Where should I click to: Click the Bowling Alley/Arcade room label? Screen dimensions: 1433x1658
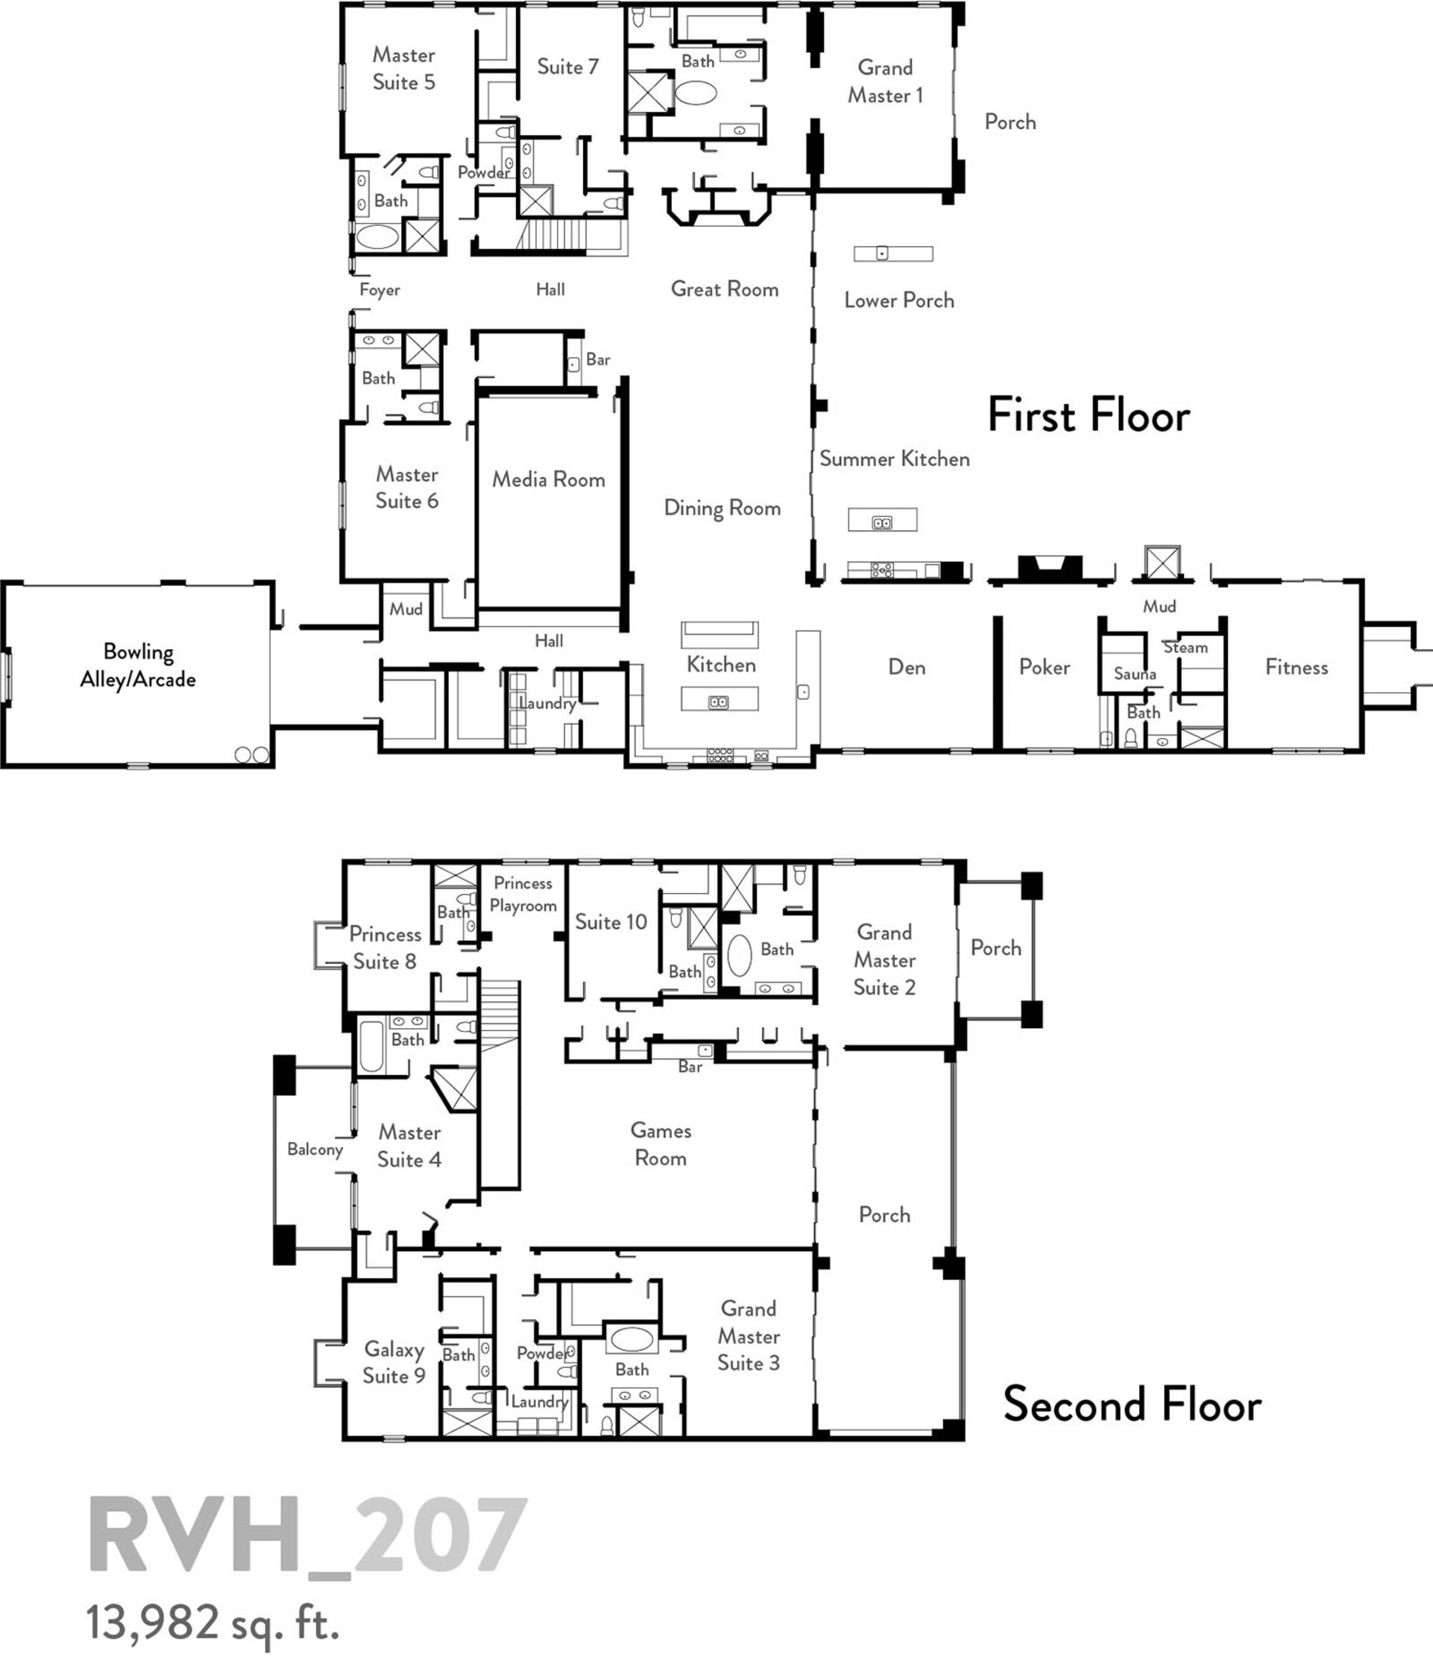138,665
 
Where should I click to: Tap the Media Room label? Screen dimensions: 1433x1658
548,479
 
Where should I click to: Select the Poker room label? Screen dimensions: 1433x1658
1044,666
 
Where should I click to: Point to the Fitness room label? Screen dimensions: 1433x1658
1296,666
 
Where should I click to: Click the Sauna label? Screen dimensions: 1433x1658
1135,674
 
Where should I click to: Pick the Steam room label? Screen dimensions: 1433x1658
1185,646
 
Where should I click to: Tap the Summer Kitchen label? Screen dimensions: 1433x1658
895,458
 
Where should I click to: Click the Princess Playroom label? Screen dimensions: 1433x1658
523,894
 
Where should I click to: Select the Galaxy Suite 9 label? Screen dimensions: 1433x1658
394,1362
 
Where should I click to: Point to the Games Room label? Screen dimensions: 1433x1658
660,1144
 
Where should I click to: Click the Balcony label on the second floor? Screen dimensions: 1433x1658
315,1149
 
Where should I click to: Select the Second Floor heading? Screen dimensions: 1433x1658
1132,1405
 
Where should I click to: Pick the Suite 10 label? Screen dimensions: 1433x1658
611,922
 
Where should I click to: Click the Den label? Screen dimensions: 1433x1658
907,666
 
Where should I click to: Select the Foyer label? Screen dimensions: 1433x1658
379,290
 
